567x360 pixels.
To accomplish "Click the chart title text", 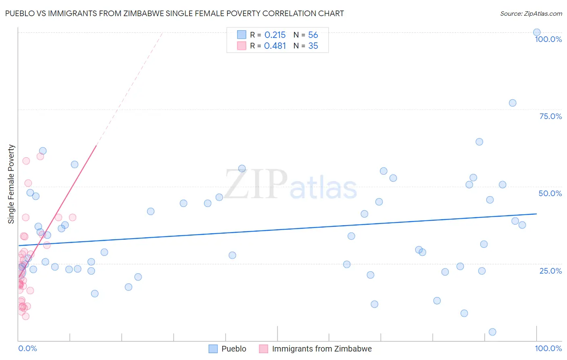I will pos(174,13).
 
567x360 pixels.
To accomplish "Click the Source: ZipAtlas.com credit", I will pos(531,13).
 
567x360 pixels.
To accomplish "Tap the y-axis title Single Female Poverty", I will pos(11,184).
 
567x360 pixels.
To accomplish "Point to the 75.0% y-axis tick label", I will pos(550,116).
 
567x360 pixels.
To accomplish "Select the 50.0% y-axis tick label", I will pos(550,193).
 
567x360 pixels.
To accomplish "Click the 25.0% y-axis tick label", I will pos(550,270).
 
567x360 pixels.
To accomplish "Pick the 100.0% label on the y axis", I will pos(548,39).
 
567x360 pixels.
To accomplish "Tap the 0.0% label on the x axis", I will pos(27,348).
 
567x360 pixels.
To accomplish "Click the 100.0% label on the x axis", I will pos(548,348).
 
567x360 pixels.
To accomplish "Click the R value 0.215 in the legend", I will pos(275,35).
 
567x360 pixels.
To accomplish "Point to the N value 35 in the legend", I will pos(313,46).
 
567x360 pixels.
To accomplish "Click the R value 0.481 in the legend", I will pos(275,46).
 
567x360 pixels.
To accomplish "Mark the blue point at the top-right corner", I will pos(537,32).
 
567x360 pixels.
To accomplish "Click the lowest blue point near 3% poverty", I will pos(492,332).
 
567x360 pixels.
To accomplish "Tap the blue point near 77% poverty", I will pos(513,103).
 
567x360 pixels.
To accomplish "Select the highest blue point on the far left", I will pos(43,151).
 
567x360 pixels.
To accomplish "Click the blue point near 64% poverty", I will pos(479,142).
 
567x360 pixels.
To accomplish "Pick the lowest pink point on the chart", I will pos(25,316).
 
